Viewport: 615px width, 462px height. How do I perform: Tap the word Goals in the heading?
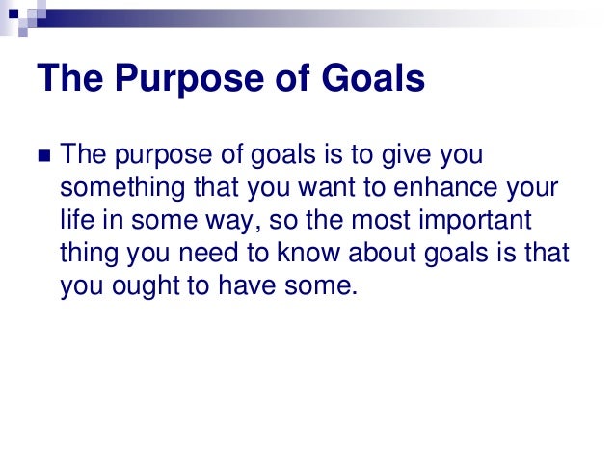click(371, 79)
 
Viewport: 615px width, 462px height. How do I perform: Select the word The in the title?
click(69, 79)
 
